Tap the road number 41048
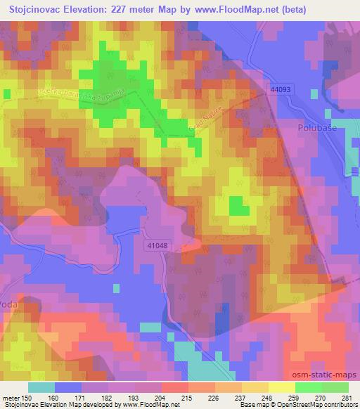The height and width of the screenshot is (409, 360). (x=159, y=246)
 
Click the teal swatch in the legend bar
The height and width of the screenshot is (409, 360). (x=41, y=387)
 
